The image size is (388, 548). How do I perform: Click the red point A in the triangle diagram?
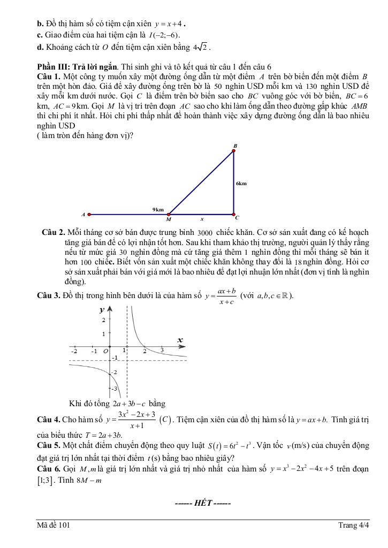[89, 215]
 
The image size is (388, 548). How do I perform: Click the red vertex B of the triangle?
[234, 150]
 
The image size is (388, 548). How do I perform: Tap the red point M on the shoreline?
[169, 215]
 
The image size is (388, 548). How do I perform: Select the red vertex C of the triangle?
[234, 214]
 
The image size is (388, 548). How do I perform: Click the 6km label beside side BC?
[241, 184]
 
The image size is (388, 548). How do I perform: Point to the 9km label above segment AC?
[158, 210]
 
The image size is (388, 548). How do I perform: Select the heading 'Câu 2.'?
[54, 232]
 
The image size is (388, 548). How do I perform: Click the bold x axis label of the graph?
[180, 340]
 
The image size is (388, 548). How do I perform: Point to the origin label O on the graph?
[105, 352]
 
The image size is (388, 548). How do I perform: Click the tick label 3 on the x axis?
[162, 351]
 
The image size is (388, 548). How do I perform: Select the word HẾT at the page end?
[203, 503]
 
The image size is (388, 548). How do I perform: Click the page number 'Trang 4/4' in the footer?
[354, 525]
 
